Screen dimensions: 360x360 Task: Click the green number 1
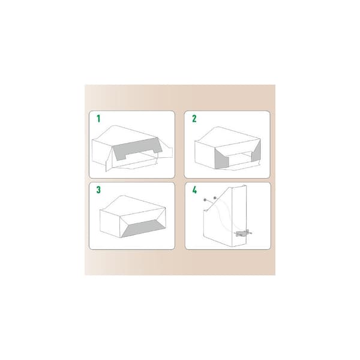coord(98,119)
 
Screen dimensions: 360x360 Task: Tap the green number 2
coord(194,119)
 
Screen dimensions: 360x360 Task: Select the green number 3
coord(98,190)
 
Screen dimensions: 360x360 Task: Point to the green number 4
coord(194,190)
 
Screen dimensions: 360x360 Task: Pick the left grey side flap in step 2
coord(222,159)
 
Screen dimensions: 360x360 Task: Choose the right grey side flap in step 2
coord(256,151)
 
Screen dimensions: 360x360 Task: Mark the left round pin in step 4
coord(205,200)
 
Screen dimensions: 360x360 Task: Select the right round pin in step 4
coord(215,197)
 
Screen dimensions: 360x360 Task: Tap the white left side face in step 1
coord(99,152)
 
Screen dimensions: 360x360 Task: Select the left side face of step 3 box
coord(110,224)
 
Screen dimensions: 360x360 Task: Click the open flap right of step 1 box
coord(166,152)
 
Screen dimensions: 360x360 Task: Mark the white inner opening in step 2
coord(240,159)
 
